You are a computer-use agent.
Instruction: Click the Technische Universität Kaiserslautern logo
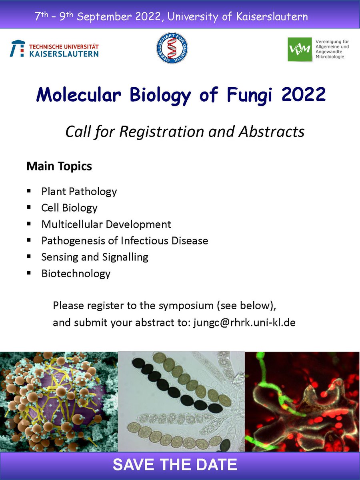(54, 48)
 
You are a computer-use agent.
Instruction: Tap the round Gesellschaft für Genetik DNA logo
(172, 48)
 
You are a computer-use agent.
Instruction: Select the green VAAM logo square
(300, 49)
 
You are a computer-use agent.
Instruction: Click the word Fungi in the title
(248, 95)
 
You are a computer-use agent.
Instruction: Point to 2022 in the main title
(304, 95)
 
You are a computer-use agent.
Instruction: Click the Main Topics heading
(59, 166)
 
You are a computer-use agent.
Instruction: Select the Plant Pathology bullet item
(79, 192)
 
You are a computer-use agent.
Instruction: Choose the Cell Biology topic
(69, 208)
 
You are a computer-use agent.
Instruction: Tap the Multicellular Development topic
(106, 224)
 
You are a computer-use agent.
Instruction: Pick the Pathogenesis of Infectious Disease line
(124, 241)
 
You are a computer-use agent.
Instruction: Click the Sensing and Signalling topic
(94, 257)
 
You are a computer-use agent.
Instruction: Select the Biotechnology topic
(76, 274)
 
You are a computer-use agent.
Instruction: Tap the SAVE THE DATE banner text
(175, 465)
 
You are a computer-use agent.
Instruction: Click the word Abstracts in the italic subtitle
(271, 132)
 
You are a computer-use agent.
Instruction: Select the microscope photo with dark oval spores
(181, 402)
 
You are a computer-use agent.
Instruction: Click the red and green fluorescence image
(302, 402)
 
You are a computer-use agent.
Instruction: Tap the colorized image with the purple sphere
(59, 402)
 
